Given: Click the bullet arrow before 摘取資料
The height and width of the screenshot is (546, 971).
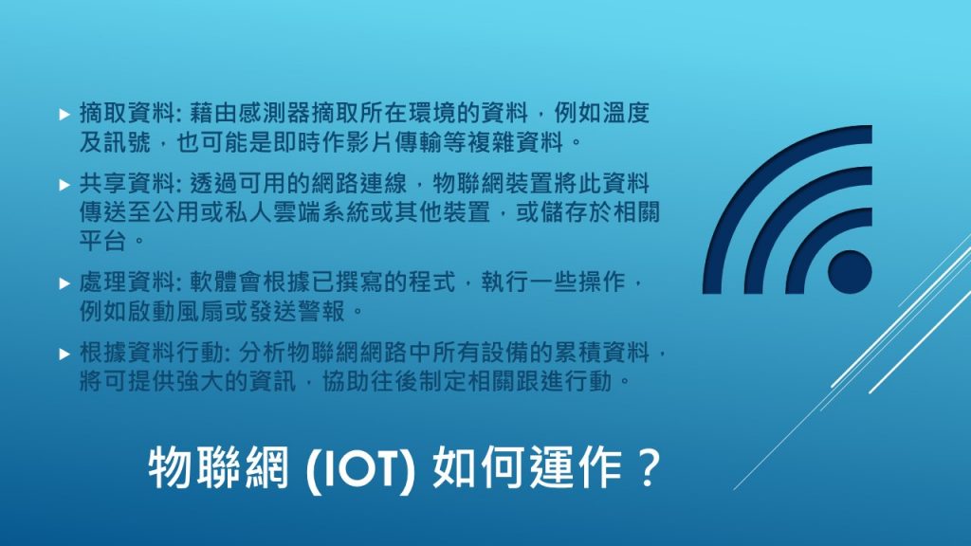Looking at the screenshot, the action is [x=64, y=114].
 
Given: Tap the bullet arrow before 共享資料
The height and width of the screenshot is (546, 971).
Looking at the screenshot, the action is [x=64, y=185].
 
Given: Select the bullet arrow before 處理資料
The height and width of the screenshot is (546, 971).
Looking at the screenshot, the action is [x=64, y=283].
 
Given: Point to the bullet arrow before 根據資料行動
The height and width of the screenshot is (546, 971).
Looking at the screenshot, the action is [x=64, y=354].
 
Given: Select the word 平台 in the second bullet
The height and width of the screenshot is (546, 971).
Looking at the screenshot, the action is [x=102, y=240].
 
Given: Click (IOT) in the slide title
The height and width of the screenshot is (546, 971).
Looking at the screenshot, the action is [x=360, y=469].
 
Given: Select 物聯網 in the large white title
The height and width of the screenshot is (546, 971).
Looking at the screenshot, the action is [x=219, y=467].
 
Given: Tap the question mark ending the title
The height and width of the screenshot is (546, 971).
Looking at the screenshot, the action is [x=649, y=467].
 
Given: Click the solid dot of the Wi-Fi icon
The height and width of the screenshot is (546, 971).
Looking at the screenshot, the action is [x=850, y=272].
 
